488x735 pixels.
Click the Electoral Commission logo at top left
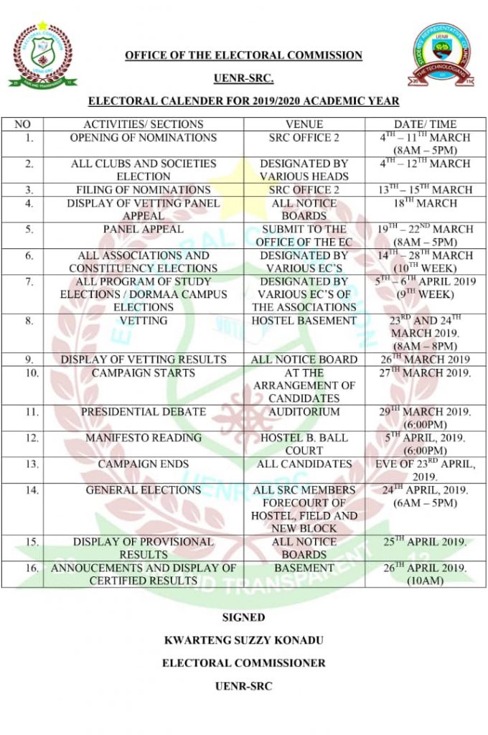click(x=42, y=55)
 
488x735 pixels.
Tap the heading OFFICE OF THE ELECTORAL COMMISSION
click(x=243, y=55)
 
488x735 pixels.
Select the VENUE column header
click(x=304, y=124)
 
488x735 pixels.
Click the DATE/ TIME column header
click(x=425, y=124)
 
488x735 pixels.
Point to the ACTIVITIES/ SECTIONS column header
click(x=143, y=124)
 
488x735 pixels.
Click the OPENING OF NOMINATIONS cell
click(x=143, y=138)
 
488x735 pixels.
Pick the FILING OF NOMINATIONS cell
click(x=143, y=190)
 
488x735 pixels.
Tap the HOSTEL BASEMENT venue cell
click(x=304, y=321)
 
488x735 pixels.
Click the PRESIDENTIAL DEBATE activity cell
click(x=143, y=412)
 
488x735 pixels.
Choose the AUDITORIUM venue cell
click(x=304, y=412)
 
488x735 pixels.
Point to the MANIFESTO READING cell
click(x=143, y=438)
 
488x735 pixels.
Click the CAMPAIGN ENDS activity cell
click(x=143, y=464)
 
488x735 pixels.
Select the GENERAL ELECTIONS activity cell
click(x=143, y=490)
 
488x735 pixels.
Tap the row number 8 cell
click(x=27, y=321)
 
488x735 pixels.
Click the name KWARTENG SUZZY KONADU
click(x=243, y=640)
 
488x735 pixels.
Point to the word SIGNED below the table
click(x=243, y=617)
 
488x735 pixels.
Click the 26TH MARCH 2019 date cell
click(x=425, y=360)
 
